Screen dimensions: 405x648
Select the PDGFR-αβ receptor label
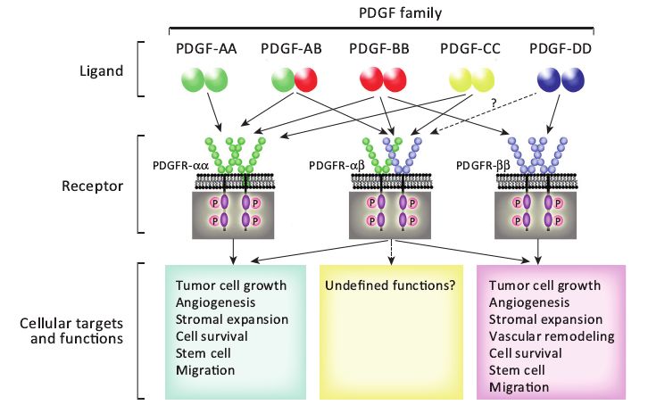pyautogui.click(x=336, y=165)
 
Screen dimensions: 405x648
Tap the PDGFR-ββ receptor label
pyautogui.click(x=483, y=165)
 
